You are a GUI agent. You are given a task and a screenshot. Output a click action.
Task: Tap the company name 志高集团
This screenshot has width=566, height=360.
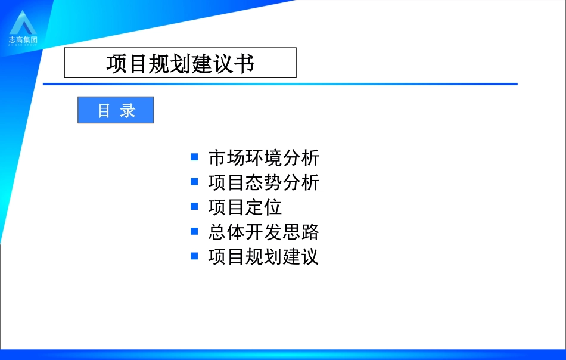[x=23, y=40]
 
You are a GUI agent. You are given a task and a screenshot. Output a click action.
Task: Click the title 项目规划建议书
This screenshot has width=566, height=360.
[x=180, y=63]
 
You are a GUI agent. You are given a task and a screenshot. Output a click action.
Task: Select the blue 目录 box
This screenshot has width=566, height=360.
[x=116, y=110]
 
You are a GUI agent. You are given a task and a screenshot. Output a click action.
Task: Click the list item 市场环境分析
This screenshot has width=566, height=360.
[x=263, y=158]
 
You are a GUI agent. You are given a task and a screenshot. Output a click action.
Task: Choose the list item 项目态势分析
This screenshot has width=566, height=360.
[x=263, y=182]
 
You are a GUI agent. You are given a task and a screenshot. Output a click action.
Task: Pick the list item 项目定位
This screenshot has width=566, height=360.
[x=245, y=207]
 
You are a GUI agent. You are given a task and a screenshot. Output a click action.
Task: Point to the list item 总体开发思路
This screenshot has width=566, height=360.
[x=263, y=231]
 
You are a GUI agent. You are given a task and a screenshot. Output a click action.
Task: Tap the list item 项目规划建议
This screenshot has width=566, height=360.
[x=263, y=256]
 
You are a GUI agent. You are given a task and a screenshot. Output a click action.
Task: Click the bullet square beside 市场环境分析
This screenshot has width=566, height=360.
[x=194, y=157]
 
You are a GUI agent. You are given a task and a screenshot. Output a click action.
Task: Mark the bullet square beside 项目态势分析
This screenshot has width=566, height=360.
[x=194, y=181]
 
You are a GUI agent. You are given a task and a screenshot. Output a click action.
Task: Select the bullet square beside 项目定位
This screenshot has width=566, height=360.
[x=194, y=206]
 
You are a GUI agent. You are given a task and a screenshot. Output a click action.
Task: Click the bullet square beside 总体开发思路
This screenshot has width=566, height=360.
[x=194, y=231]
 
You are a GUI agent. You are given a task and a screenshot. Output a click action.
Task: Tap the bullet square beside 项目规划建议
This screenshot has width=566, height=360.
[x=194, y=256]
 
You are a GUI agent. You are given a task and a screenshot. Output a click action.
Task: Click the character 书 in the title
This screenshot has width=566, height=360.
[x=244, y=63]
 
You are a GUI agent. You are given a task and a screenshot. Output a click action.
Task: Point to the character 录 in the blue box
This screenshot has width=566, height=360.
[x=127, y=110]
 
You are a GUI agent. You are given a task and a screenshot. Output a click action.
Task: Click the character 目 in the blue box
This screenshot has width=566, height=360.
[x=104, y=110]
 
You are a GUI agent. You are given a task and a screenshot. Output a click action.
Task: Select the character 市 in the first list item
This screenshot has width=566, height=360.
[x=217, y=158]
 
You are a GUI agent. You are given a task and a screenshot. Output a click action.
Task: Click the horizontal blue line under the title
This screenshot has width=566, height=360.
[x=280, y=84]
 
